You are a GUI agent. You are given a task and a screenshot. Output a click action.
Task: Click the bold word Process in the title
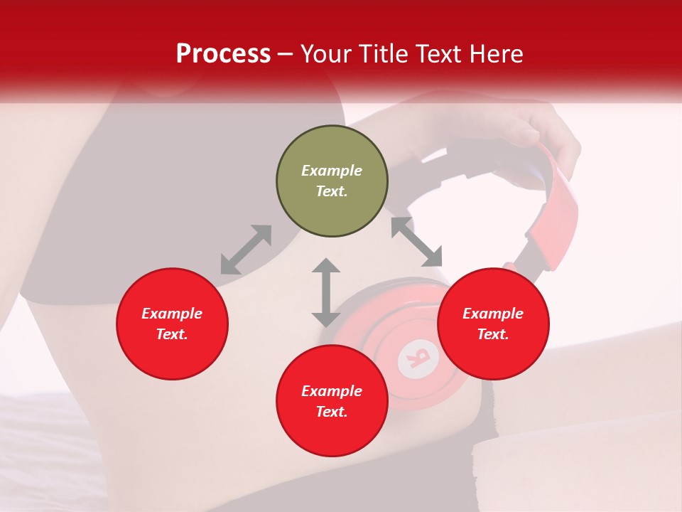[x=223, y=54]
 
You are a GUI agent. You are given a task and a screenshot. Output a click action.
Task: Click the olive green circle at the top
[x=332, y=181]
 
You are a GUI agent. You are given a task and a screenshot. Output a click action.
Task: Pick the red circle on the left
[x=172, y=324]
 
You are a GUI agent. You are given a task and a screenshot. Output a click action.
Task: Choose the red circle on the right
[x=493, y=324]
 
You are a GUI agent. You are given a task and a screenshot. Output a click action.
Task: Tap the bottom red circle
[x=332, y=401]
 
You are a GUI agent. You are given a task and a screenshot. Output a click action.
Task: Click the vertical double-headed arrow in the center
[x=326, y=292]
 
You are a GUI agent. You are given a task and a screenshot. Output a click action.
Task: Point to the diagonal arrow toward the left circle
[x=246, y=250]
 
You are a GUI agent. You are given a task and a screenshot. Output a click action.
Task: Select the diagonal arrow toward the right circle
[x=416, y=242]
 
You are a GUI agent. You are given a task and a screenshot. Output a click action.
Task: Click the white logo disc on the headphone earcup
[x=418, y=356]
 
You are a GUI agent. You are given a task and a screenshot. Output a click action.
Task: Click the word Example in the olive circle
[x=332, y=171]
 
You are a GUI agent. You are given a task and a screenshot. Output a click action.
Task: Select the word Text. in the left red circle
[x=172, y=334]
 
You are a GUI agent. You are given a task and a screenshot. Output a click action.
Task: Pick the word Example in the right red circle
[x=493, y=314]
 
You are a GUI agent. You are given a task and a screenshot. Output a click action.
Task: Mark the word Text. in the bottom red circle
[x=332, y=412]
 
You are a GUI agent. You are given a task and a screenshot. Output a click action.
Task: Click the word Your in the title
[x=326, y=54]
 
